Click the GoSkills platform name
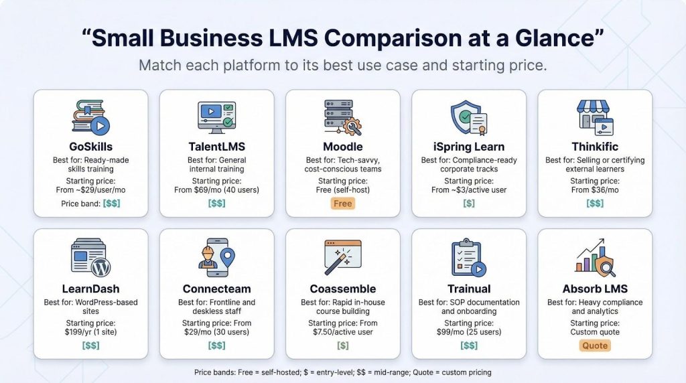[90, 147]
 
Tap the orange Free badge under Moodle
[342, 204]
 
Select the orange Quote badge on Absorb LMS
[595, 346]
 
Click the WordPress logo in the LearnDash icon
[101, 267]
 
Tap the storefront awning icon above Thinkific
[593, 106]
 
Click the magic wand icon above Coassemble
[343, 256]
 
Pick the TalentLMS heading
[216, 147]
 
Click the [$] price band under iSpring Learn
[468, 204]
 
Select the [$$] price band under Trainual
[468, 346]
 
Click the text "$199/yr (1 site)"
[90, 332]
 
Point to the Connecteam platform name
[216, 289]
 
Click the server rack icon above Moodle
[342, 117]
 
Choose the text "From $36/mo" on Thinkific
[595, 189]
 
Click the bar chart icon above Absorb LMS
[595, 258]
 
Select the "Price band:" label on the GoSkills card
[81, 204]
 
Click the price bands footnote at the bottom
[342, 372]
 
